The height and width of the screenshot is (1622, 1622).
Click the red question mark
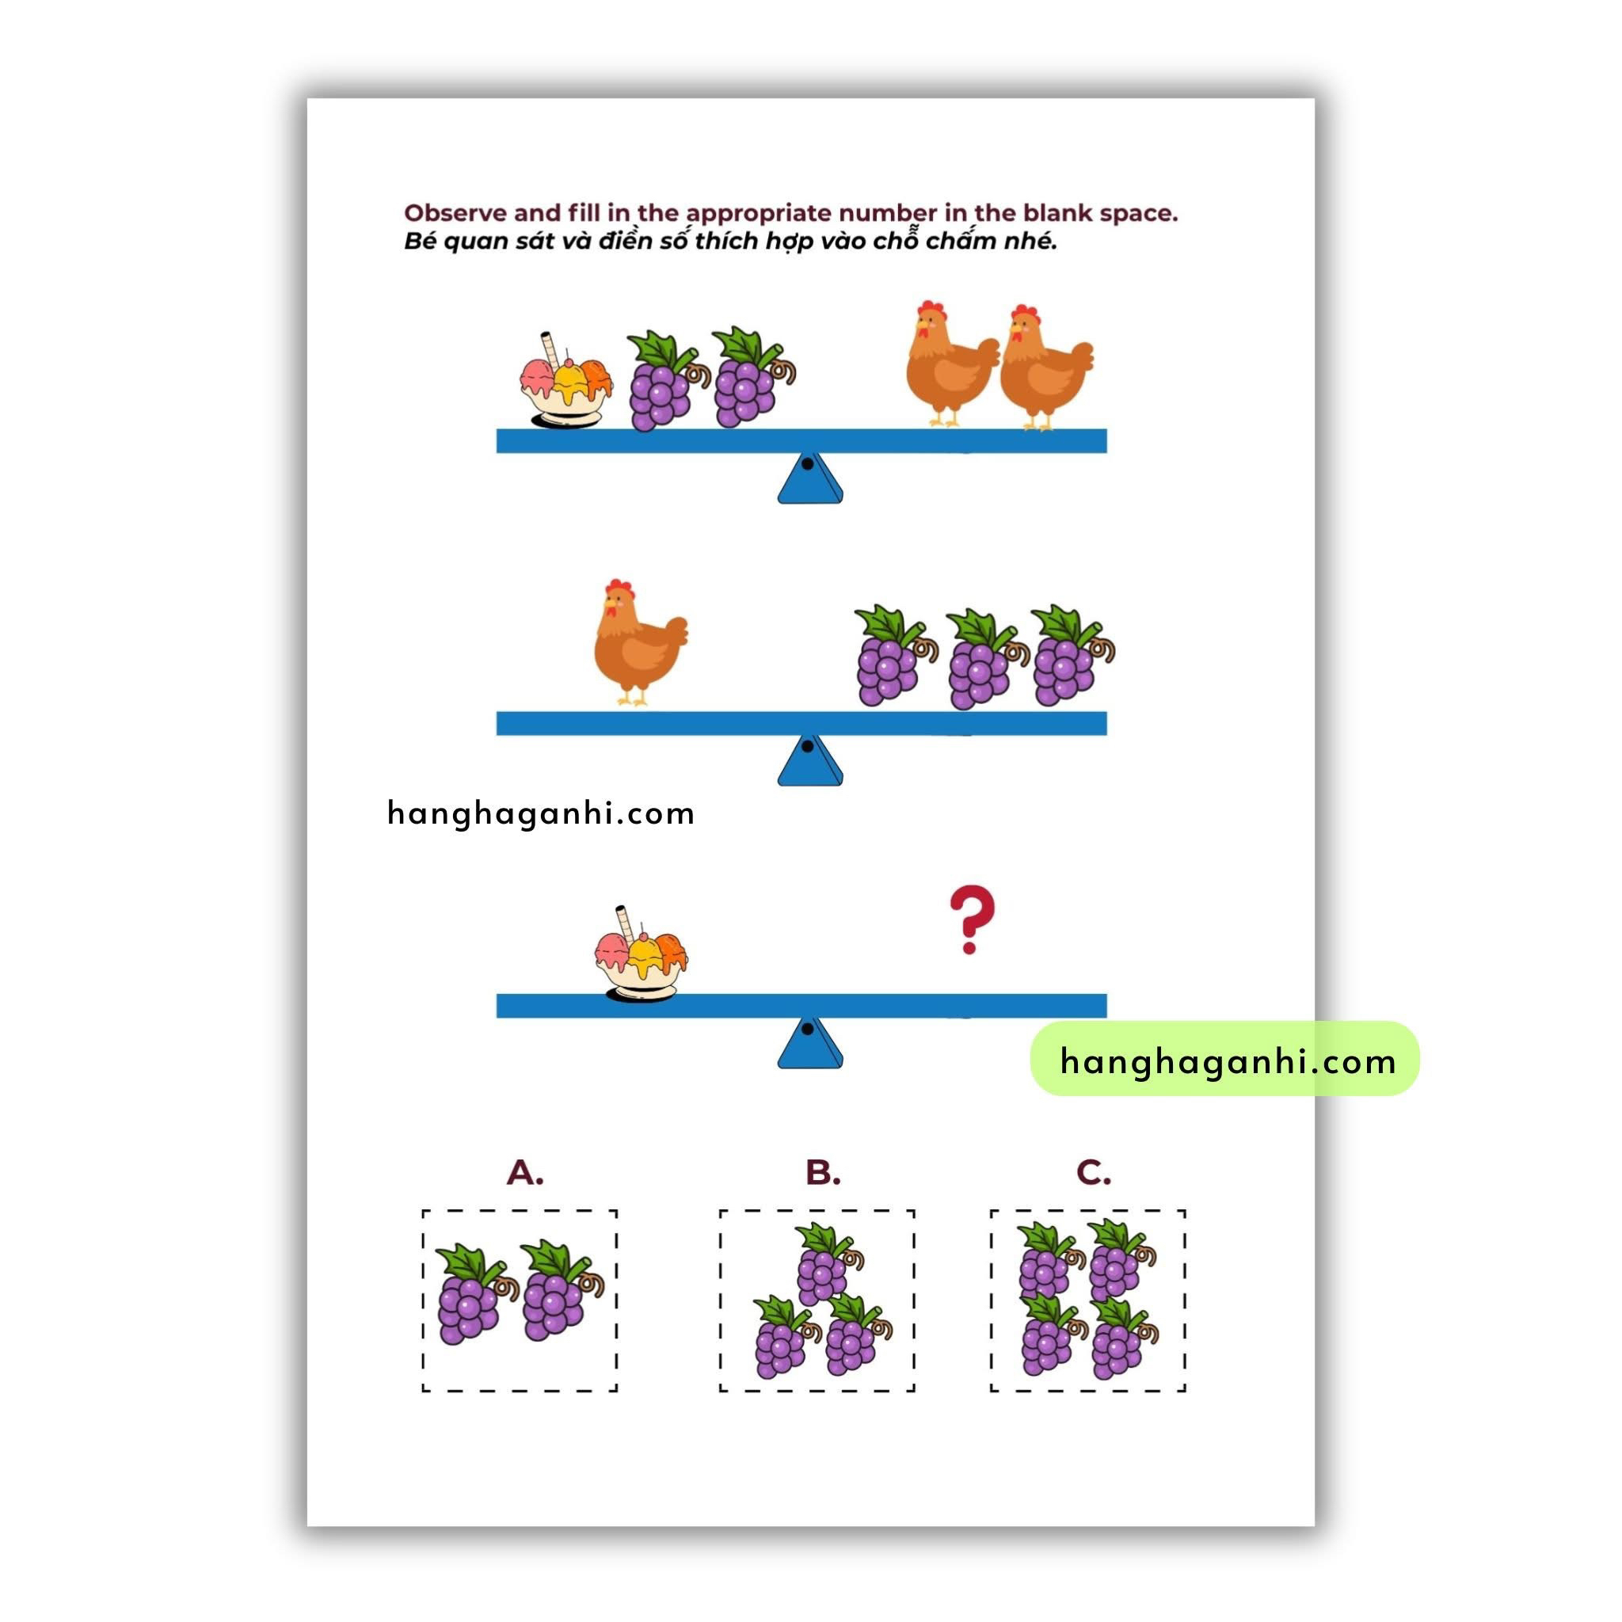pyautogui.click(x=971, y=920)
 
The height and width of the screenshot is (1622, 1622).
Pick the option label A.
pyautogui.click(x=525, y=1172)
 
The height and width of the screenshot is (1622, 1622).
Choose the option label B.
pyautogui.click(x=823, y=1172)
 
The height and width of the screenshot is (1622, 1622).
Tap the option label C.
pyautogui.click(x=1093, y=1172)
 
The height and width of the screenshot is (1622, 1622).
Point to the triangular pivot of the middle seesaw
pyautogui.click(x=809, y=760)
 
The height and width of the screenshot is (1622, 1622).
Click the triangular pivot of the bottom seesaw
pyautogui.click(x=809, y=1043)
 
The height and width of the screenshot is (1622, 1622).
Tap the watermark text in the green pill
pyautogui.click(x=1228, y=1061)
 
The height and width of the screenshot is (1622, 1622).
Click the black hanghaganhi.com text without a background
pyautogui.click(x=541, y=813)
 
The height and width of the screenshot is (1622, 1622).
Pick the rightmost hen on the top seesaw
pyautogui.click(x=1046, y=367)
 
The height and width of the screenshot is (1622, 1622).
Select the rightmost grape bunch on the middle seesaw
pyautogui.click(x=1072, y=656)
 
